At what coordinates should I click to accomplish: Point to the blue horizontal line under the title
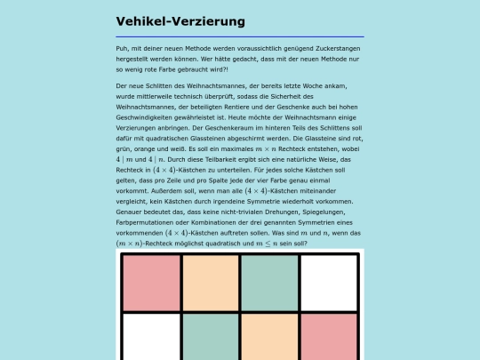point(240,36)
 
